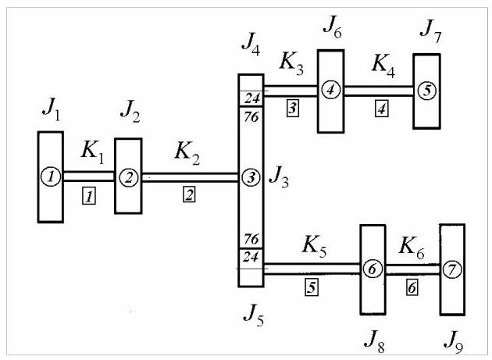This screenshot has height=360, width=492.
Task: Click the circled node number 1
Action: (51, 176)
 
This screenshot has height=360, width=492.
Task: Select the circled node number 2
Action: (129, 177)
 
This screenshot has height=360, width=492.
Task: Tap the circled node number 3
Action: (251, 177)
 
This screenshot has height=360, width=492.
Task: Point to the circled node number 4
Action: (330, 90)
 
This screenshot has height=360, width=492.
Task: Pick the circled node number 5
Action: (427, 91)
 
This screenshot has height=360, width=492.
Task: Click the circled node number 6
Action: (373, 269)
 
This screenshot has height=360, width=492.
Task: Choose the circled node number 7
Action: (452, 269)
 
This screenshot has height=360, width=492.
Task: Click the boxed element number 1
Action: (89, 195)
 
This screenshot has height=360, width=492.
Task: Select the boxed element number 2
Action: (189, 194)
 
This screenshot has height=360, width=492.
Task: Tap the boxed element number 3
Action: (292, 109)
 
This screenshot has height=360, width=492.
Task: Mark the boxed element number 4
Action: (382, 109)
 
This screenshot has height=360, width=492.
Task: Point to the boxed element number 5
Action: (312, 287)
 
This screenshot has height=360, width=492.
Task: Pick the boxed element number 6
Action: (412, 287)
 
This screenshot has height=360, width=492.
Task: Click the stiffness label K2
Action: (187, 153)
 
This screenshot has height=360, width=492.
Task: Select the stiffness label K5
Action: (314, 246)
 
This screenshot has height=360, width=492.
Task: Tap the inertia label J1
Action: (51, 109)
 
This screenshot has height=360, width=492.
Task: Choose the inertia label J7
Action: (431, 30)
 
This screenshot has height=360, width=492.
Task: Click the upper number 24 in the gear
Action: (252, 98)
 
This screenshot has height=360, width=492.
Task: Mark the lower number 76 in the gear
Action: (251, 239)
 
